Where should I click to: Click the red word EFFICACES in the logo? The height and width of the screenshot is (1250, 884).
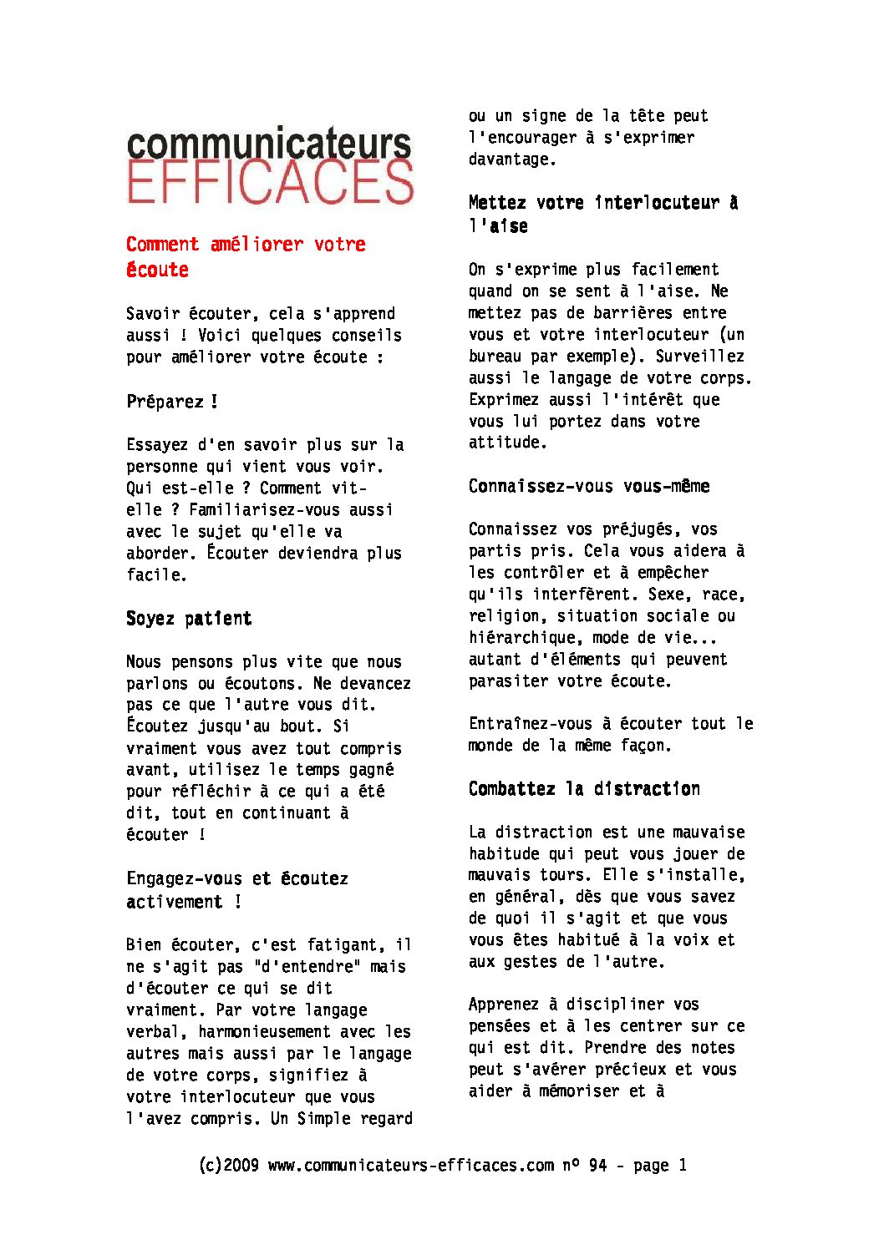(270, 183)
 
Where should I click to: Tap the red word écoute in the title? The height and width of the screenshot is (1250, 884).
(157, 270)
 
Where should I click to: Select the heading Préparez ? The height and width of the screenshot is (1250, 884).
(172, 402)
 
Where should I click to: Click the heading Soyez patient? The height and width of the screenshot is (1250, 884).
(189, 619)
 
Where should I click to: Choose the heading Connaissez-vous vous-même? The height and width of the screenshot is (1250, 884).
(589, 486)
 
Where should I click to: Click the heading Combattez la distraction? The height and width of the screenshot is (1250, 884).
(584, 789)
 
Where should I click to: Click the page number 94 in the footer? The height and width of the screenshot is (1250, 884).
(597, 1165)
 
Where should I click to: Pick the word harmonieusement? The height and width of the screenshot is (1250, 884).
(265, 1032)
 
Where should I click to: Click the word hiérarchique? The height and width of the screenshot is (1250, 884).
(522, 638)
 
